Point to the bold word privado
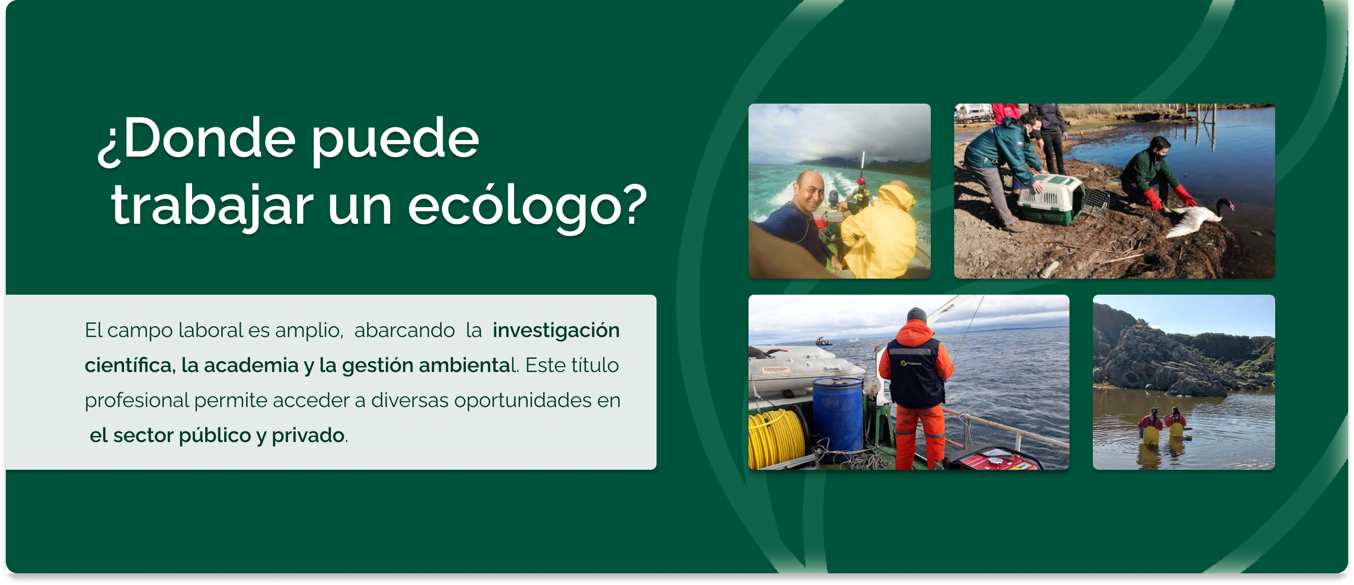pyautogui.click(x=308, y=435)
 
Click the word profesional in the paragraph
pyautogui.click(x=137, y=401)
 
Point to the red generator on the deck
pyautogui.click(x=994, y=460)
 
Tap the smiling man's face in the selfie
pyautogui.click(x=809, y=193)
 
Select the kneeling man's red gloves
pyautogui.click(x=1170, y=197)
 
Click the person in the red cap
pyautogui.click(x=861, y=193)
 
